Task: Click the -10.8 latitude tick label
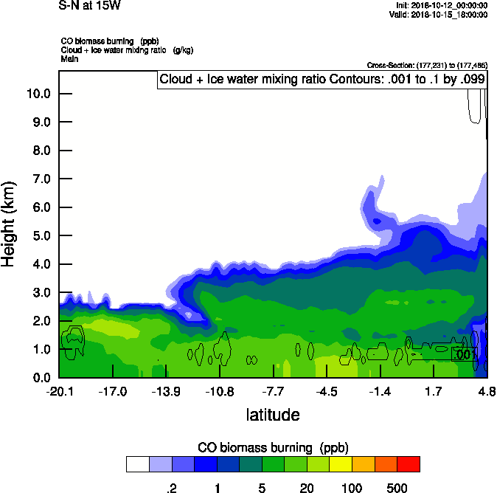point(220,391)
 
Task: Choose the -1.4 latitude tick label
point(380,391)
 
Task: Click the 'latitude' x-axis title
point(273,415)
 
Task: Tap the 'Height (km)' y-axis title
point(10,224)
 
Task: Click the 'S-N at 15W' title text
point(89,5)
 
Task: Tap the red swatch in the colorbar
point(409,464)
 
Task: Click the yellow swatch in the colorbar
point(341,464)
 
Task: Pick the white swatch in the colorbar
point(137,464)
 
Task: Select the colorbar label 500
point(397,487)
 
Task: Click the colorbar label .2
point(171,487)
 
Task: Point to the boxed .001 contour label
point(465,355)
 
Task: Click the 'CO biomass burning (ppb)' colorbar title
point(273,448)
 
